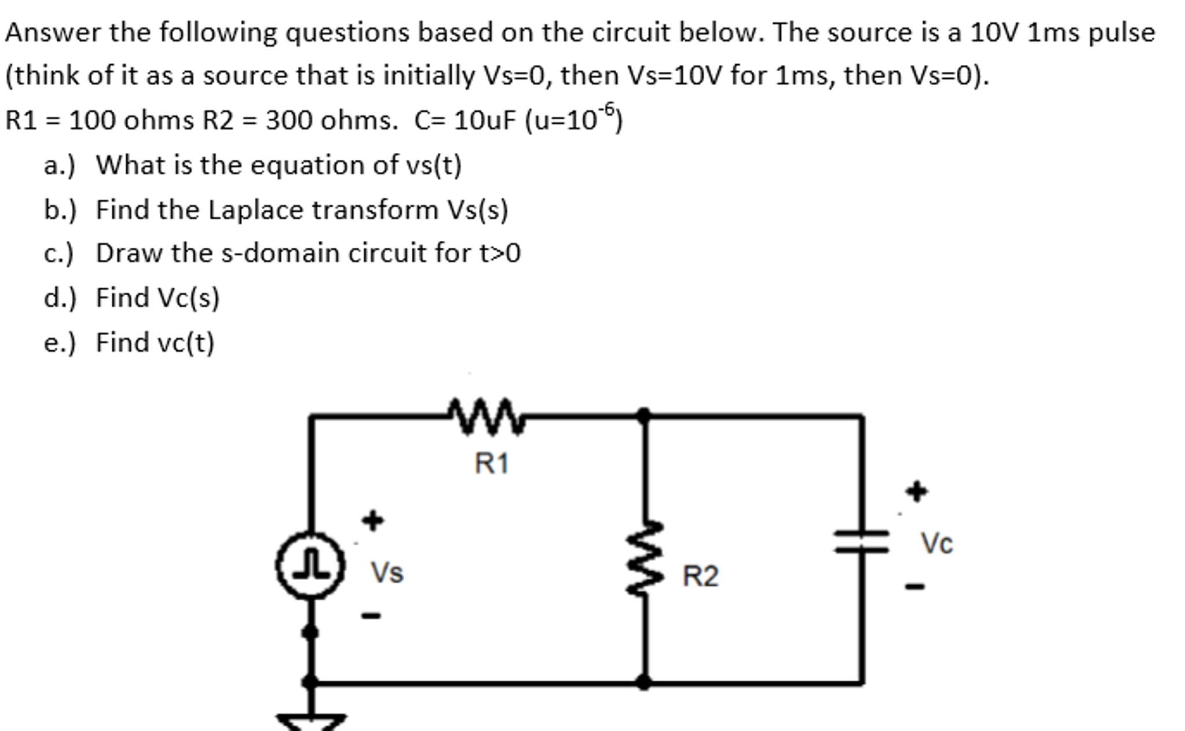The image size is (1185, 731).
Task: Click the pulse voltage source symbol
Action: [310, 565]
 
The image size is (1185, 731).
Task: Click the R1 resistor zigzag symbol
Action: [487, 416]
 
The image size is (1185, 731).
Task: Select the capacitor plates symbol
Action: [862, 541]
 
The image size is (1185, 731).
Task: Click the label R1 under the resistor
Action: [491, 464]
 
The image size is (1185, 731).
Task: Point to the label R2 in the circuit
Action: [700, 576]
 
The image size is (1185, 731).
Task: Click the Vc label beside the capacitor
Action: [937, 543]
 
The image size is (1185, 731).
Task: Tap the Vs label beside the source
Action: [387, 573]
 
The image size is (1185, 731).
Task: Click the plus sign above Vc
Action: [917, 492]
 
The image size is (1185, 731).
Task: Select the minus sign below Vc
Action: [915, 587]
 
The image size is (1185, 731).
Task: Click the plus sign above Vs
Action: [372, 520]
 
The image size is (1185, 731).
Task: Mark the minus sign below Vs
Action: [371, 616]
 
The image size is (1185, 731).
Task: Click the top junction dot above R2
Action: [643, 415]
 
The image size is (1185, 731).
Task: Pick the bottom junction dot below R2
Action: [643, 682]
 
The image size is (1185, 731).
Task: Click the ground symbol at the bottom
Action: [311, 721]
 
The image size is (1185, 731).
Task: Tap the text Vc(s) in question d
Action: [188, 298]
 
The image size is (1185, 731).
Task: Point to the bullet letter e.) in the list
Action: [59, 343]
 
